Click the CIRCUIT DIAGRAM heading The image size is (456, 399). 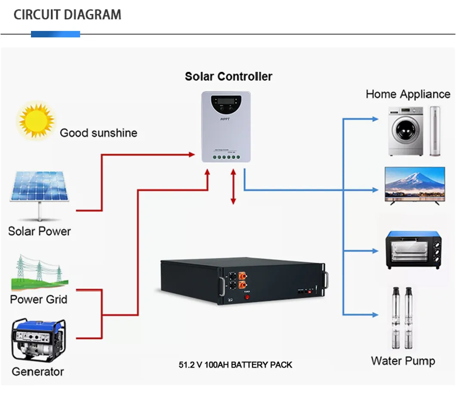(x=67, y=15)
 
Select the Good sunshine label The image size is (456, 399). (x=99, y=133)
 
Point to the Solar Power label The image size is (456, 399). (x=39, y=231)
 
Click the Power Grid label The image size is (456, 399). (x=39, y=299)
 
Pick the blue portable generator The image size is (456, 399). (x=39, y=340)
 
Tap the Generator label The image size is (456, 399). (x=38, y=371)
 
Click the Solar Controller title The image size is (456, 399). (x=228, y=77)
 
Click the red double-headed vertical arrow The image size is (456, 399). (x=233, y=187)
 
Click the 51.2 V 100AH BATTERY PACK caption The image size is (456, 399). (x=235, y=365)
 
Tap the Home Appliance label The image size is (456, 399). (x=408, y=94)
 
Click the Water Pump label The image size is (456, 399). (x=403, y=361)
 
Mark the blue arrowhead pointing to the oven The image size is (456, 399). (x=376, y=250)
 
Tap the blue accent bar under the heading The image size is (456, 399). (x=55, y=34)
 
